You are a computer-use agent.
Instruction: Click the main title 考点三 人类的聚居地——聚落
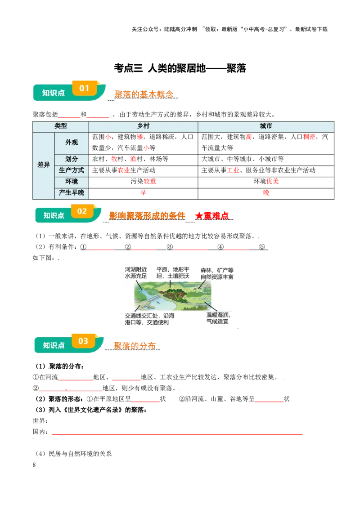click(x=180, y=68)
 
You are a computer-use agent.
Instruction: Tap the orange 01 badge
click(x=84, y=88)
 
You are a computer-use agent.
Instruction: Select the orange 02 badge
click(x=82, y=211)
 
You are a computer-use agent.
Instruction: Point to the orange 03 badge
click(x=83, y=341)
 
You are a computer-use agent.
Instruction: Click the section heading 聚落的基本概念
click(x=144, y=94)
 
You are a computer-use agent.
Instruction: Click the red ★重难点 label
click(x=212, y=216)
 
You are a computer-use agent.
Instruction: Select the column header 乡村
click(x=143, y=126)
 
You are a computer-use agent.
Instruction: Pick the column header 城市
click(x=266, y=126)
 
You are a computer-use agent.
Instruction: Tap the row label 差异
click(x=43, y=165)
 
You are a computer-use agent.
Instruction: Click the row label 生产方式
click(x=72, y=170)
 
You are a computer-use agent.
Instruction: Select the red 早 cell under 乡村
click(x=143, y=192)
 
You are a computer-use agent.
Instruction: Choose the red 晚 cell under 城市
click(x=266, y=193)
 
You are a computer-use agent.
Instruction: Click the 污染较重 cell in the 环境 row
click(x=143, y=181)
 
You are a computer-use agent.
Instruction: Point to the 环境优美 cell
click(x=266, y=181)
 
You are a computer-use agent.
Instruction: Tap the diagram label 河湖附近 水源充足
click(x=136, y=272)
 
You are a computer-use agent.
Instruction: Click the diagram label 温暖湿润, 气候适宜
click(x=218, y=318)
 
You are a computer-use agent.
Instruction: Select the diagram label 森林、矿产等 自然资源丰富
click(x=217, y=273)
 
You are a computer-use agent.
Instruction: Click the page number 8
click(x=34, y=465)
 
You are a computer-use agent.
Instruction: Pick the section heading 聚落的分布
click(x=135, y=346)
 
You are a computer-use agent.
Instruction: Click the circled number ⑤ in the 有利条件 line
click(x=262, y=247)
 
